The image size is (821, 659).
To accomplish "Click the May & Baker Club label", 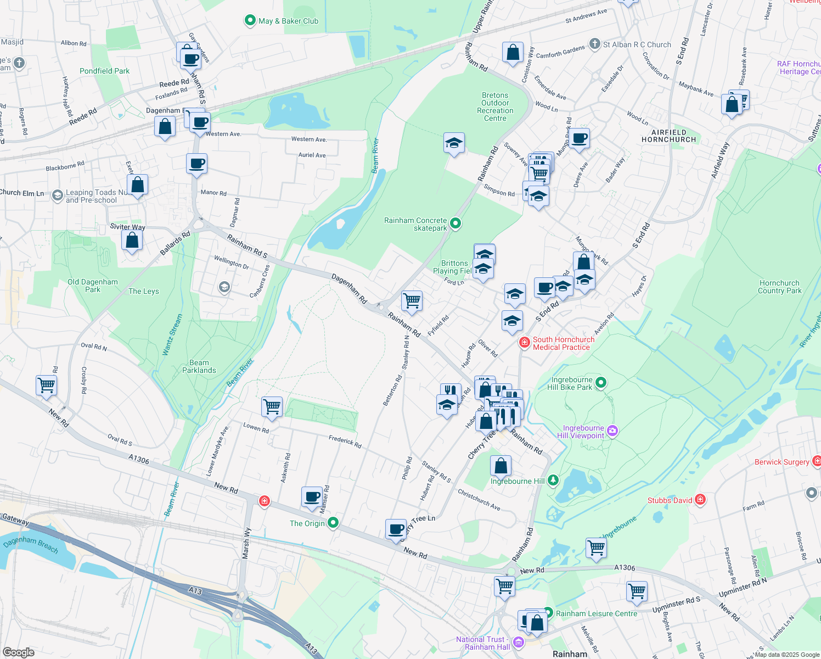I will (x=288, y=21).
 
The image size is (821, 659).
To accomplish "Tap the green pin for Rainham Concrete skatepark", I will (x=455, y=224).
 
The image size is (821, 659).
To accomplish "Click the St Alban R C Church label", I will (x=637, y=44).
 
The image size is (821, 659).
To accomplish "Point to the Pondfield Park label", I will (x=104, y=71).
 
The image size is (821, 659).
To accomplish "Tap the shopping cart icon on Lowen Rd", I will (x=272, y=407).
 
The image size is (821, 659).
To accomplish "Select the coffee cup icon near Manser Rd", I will (x=312, y=497).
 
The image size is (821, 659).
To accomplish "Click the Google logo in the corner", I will (x=19, y=652).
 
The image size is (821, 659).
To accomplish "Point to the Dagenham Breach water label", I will (x=30, y=545).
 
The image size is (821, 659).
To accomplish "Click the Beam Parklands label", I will (x=199, y=366).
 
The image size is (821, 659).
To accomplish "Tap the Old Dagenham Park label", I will (x=93, y=286).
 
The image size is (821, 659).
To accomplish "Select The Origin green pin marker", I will (x=333, y=523).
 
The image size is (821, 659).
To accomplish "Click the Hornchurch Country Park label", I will (x=779, y=287).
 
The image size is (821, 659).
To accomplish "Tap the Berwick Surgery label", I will (x=781, y=462).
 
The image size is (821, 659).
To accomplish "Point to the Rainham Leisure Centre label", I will (x=597, y=613).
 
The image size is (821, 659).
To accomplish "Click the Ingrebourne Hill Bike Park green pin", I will (x=601, y=383).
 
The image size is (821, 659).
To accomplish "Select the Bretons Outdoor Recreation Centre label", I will (x=495, y=107).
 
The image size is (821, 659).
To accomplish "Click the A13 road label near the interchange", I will (x=195, y=591).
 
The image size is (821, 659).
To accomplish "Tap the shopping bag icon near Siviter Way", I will (x=132, y=241).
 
